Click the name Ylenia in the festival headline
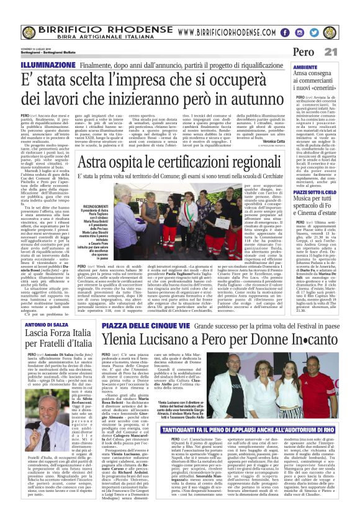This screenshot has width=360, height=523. click(x=124, y=339)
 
